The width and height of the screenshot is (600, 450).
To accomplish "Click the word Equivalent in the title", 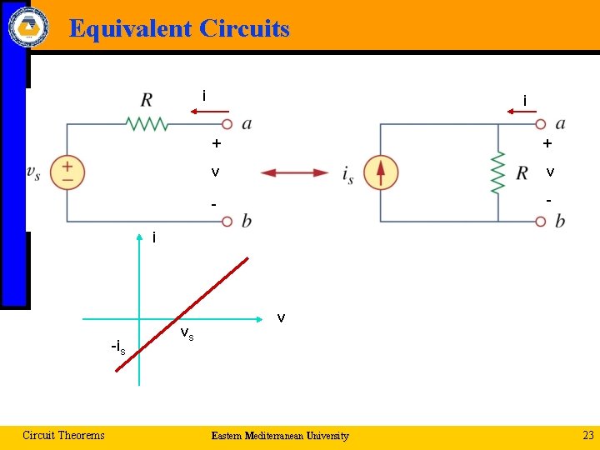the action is pos(132,29).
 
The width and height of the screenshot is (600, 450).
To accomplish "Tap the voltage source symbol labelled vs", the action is pos(67,172).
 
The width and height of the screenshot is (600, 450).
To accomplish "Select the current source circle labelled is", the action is pos(381,172).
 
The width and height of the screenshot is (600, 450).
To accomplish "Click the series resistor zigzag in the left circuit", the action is pos(147,124).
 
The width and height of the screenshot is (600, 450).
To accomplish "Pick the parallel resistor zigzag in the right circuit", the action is pos(498,172).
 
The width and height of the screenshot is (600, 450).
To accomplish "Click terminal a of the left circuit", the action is pos(226,124).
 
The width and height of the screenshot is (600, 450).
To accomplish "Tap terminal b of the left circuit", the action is pos(226,222).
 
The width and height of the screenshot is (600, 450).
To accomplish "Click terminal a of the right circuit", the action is pos(540,124).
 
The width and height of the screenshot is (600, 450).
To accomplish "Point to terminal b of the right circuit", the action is pos(540,222).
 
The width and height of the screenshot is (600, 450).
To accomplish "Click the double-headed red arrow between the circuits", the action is pos(295,172).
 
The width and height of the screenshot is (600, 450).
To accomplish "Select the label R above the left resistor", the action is pos(147,100).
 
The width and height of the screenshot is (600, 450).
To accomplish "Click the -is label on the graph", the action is pos(117,347).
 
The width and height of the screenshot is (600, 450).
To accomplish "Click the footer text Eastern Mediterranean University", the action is pos(280,436).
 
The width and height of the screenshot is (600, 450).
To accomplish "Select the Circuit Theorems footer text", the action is pos(63,435).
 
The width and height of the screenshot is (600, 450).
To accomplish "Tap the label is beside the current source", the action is pos(349,173).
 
